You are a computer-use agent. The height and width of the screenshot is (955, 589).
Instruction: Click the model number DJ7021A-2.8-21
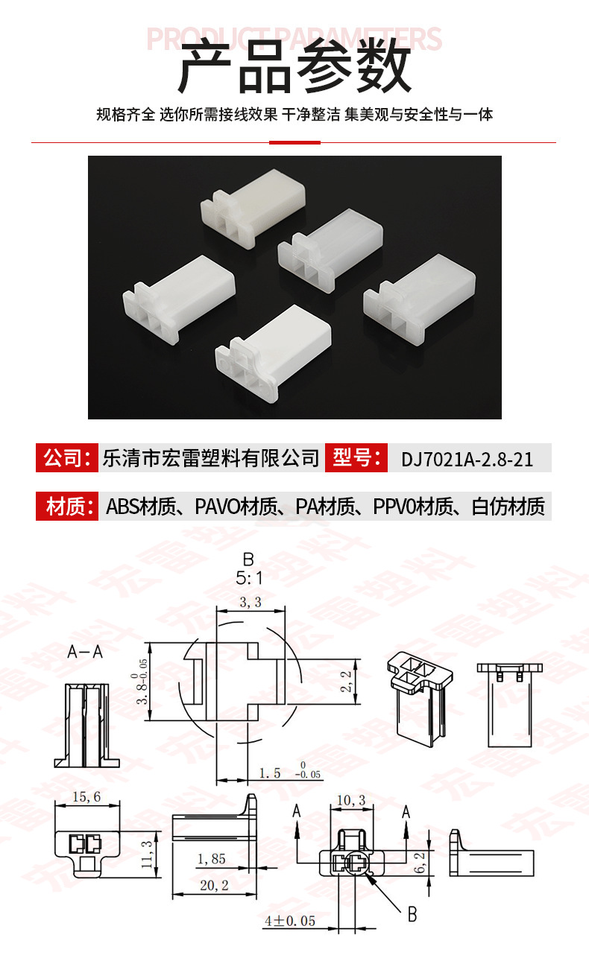click(x=467, y=459)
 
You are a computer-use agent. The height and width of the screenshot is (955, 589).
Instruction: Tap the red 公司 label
click(x=67, y=457)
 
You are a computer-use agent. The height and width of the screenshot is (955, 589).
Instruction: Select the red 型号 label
click(x=356, y=457)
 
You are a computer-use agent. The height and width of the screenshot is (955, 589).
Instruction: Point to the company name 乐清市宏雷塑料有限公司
click(x=211, y=458)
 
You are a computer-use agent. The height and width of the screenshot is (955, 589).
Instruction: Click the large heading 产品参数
click(x=294, y=66)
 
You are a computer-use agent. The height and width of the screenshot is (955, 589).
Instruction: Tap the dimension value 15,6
click(x=86, y=796)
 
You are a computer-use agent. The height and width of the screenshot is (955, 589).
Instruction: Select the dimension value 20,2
click(x=214, y=885)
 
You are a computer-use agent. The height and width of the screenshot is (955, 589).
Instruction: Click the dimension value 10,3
click(x=351, y=800)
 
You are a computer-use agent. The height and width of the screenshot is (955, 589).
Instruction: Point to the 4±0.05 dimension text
click(x=290, y=921)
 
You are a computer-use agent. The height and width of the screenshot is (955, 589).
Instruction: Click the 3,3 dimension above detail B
click(x=251, y=602)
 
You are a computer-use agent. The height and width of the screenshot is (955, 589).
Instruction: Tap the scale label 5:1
click(x=249, y=578)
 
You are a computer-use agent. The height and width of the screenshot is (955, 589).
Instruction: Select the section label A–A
click(x=85, y=652)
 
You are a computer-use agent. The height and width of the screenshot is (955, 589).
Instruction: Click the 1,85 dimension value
click(x=211, y=859)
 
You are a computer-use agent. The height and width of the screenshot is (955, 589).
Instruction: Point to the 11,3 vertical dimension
click(x=146, y=854)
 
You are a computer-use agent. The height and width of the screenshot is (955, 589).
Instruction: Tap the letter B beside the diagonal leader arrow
click(x=412, y=914)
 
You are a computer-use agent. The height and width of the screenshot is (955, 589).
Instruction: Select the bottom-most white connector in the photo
click(x=274, y=353)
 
